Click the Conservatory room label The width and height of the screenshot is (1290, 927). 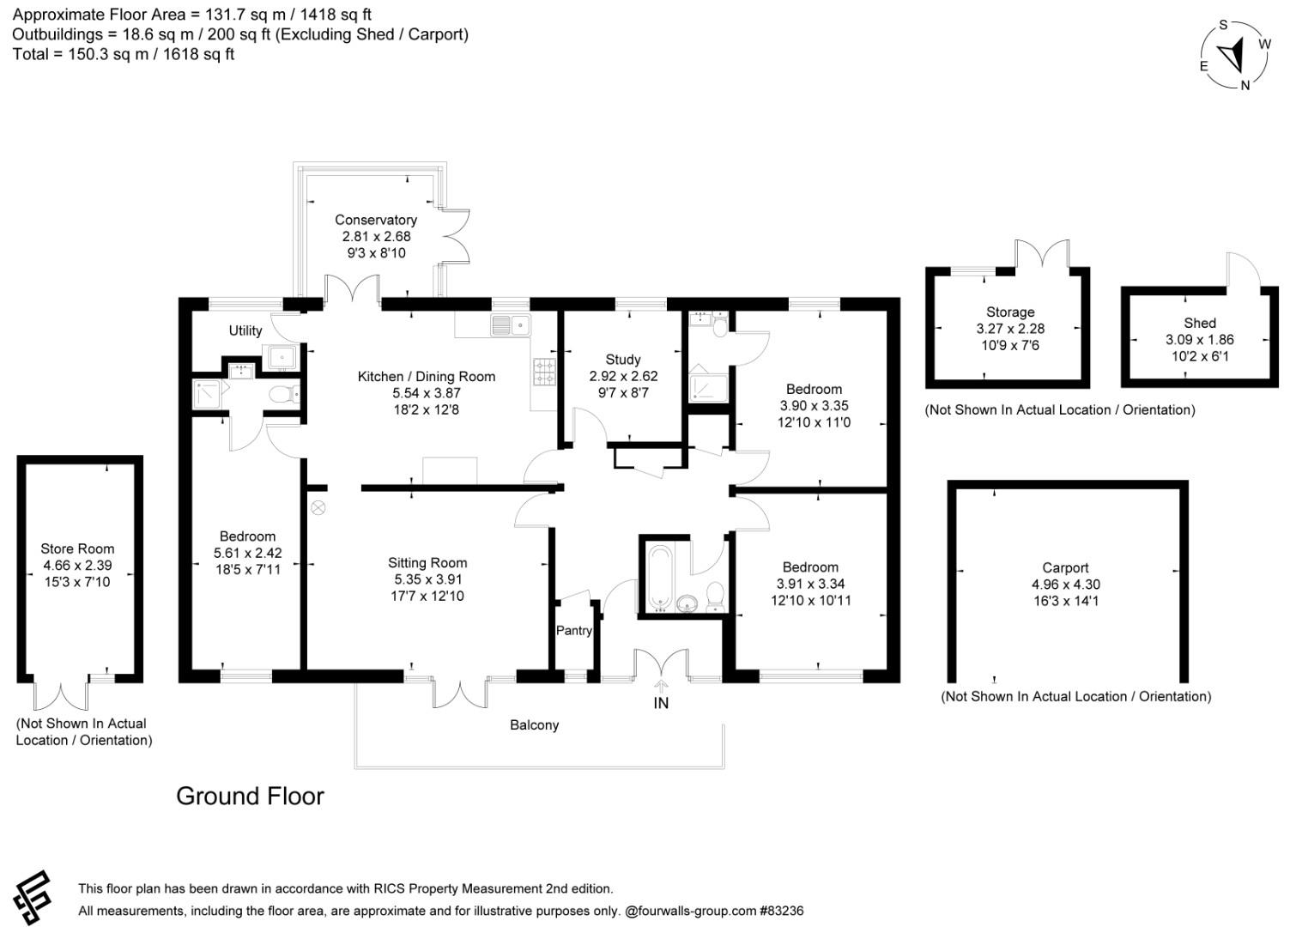(375, 220)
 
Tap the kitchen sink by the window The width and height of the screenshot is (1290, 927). (510, 325)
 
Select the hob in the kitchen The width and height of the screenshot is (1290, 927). (544, 372)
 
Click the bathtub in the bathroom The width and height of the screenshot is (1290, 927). (660, 578)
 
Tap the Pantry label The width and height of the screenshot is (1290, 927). (573, 631)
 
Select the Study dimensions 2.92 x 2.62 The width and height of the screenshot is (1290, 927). (623, 376)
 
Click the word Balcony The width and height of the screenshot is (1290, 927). (534, 725)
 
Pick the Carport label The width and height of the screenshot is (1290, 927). (1065, 567)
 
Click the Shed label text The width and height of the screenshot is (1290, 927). (1199, 323)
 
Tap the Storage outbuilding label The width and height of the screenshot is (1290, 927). (1010, 312)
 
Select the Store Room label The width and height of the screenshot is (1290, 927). (77, 548)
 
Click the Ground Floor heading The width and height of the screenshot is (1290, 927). (250, 796)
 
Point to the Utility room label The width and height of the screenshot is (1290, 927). (245, 330)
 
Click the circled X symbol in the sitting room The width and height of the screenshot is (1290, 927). (318, 508)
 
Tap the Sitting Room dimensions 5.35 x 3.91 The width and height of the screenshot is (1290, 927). (427, 579)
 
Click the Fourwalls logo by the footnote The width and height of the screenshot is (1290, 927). (33, 897)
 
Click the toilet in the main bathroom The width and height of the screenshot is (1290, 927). (715, 597)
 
